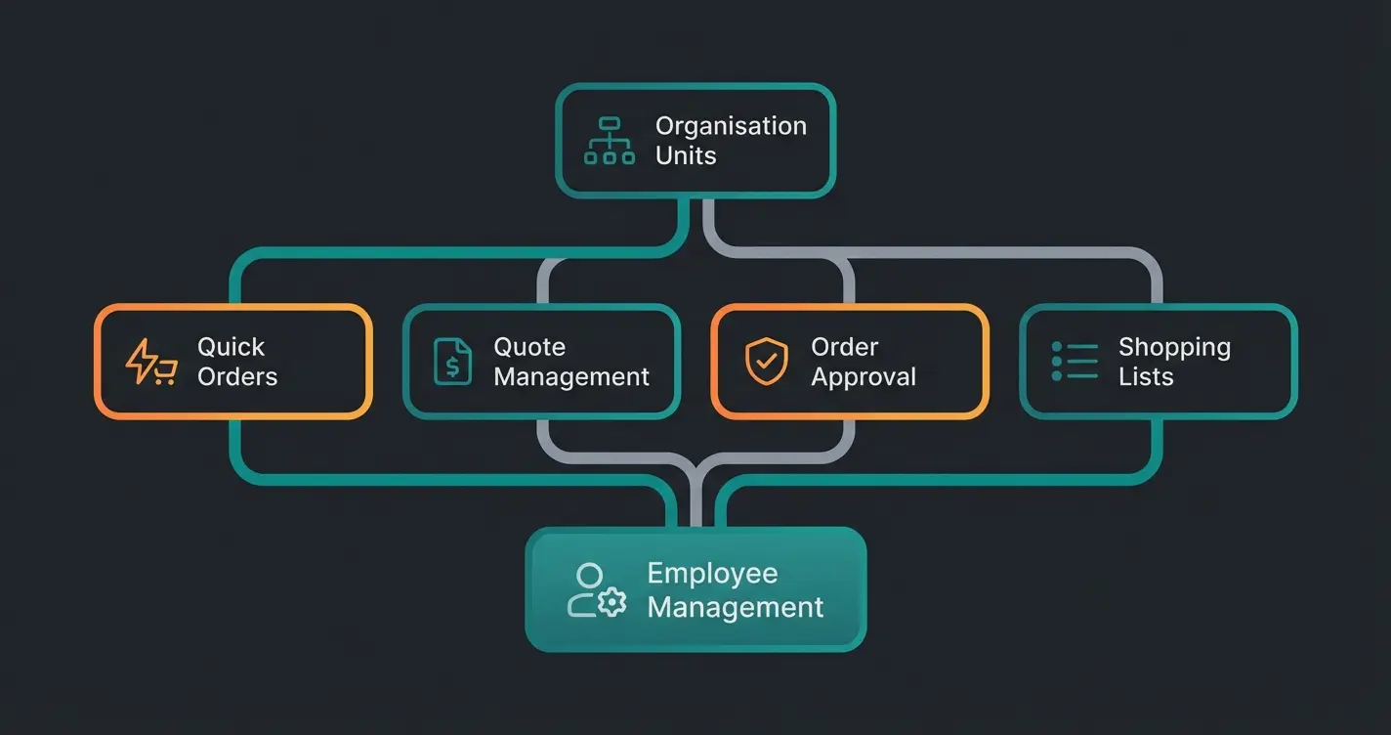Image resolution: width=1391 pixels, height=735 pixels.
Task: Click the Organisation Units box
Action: [x=695, y=141]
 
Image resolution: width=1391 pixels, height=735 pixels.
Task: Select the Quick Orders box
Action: [x=233, y=362]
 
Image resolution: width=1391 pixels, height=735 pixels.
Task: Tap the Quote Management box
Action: [x=541, y=362]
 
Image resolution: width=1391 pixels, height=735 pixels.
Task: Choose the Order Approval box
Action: [x=850, y=362]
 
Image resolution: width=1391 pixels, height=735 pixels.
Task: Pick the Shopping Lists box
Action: [x=1159, y=362]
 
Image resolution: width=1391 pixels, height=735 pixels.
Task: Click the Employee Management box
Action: [x=695, y=589]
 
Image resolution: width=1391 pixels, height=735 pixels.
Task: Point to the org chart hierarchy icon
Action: [x=610, y=141]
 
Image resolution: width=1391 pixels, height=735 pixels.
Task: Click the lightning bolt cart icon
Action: [x=150, y=362]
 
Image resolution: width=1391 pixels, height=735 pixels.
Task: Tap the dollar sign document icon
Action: [x=452, y=362]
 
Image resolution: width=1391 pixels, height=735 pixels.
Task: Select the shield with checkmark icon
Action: [x=766, y=362]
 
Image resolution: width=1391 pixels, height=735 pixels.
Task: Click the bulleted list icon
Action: [x=1075, y=362]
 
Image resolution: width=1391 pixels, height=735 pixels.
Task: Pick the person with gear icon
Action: [x=596, y=589]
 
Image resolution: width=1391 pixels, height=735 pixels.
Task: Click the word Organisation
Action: [x=731, y=126]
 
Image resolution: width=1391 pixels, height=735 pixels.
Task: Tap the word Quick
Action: [x=232, y=347]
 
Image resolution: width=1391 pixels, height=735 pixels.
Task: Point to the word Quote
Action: [x=529, y=347]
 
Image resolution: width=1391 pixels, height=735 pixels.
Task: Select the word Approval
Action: [x=864, y=377]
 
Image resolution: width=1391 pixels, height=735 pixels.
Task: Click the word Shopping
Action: [x=1174, y=347]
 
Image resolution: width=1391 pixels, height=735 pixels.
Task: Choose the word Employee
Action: [x=712, y=574]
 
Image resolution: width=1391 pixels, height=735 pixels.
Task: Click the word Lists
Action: [x=1145, y=377]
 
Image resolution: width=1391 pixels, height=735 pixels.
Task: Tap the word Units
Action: [x=686, y=155]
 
